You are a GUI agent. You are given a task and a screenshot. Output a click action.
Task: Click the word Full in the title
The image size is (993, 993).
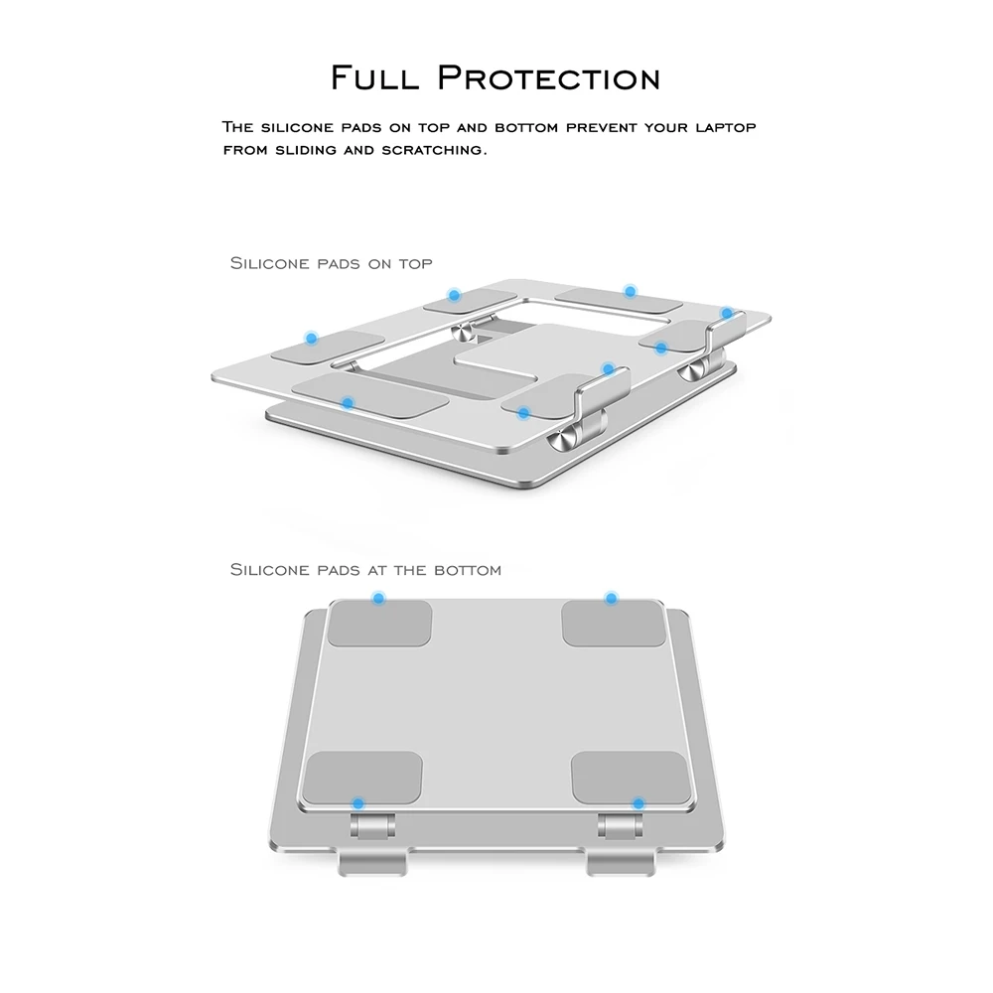pos(374,77)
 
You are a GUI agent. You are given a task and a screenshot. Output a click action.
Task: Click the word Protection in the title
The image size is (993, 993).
pos(549,77)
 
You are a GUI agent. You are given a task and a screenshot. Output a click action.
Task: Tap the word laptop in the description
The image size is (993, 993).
pos(726,128)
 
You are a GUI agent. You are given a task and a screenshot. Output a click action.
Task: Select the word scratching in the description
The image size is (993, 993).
pos(434,151)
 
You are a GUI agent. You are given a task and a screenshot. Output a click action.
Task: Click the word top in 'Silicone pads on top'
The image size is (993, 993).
pos(415,264)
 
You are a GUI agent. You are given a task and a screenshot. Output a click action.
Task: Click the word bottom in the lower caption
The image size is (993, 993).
pos(468,571)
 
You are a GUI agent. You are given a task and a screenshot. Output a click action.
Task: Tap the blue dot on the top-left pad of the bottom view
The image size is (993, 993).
pos(378,598)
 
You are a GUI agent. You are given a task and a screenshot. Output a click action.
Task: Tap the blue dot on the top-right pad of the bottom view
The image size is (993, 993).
pos(611,598)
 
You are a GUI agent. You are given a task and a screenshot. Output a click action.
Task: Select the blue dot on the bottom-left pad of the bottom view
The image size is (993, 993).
pos(358,803)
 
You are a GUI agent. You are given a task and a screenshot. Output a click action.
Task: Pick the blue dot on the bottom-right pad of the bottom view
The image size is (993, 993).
pos(638,803)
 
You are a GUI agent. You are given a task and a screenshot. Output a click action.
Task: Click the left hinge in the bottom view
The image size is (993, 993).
pos(372,827)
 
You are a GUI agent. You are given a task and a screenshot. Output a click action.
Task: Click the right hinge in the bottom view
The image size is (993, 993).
pos(621,827)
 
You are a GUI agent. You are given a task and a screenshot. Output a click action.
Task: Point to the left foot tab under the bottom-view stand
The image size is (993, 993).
pos(371,863)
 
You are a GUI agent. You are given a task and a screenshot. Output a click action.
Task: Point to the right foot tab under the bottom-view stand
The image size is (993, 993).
pos(621,863)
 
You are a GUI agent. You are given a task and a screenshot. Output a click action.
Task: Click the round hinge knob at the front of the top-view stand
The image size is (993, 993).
pos(562,440)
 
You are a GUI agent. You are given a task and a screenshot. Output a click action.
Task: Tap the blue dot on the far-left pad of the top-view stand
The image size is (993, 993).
pos(311,339)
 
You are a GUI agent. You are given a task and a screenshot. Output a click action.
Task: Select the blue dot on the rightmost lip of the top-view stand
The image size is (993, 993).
pos(727,314)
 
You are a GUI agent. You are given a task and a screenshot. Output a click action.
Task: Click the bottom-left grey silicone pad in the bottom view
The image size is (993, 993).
pos(362,778)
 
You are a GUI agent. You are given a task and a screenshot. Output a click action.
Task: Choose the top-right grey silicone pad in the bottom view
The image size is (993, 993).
pos(613,624)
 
